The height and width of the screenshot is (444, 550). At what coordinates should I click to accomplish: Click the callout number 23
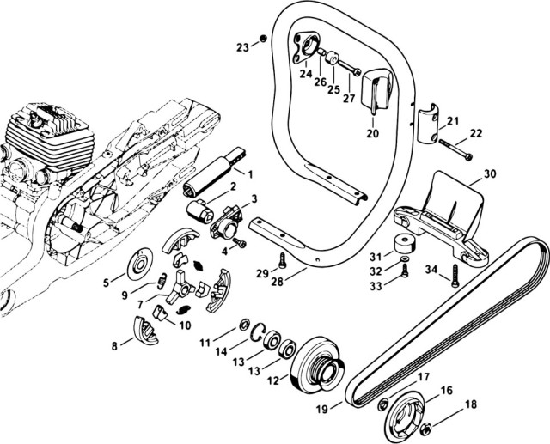[242, 46]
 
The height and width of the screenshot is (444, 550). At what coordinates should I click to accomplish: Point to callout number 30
[490, 173]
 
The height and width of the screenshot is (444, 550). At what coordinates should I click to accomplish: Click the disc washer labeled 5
[137, 268]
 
